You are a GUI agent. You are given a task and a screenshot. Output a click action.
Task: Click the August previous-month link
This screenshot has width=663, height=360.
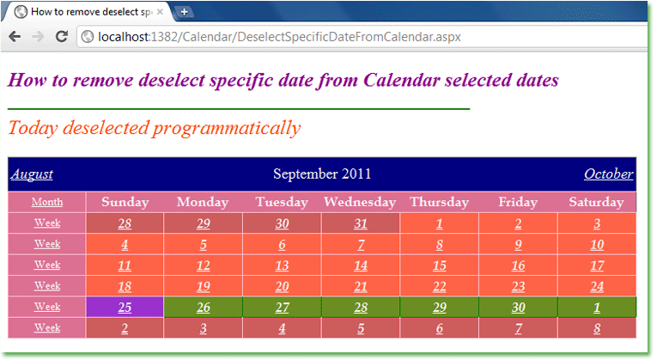tap(32, 174)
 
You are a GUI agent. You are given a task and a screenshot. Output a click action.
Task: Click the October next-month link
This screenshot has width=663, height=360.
tap(608, 174)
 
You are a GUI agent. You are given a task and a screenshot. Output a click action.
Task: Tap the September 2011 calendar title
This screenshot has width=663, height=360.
tap(322, 174)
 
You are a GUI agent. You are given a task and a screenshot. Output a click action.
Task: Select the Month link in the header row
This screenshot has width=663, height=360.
tap(47, 202)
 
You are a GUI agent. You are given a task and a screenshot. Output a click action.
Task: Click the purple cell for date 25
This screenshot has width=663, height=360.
tap(125, 307)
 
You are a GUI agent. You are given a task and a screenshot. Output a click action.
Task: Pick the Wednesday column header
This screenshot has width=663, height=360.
tap(360, 202)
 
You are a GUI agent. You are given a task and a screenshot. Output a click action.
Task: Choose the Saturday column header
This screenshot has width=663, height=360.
tap(596, 202)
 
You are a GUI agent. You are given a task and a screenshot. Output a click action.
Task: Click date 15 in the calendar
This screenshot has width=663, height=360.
tap(440, 265)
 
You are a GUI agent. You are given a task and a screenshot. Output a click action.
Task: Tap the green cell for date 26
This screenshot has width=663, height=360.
tap(203, 307)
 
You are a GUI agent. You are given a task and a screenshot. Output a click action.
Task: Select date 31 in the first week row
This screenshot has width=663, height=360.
tap(360, 223)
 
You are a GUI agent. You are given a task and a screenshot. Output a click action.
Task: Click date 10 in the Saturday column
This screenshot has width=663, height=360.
tap(597, 245)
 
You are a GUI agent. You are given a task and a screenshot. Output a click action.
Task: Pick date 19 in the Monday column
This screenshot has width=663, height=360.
tap(203, 287)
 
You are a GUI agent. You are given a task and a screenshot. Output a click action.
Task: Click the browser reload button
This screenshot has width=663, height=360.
tap(62, 37)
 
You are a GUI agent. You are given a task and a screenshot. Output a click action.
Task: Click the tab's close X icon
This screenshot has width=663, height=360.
tap(160, 12)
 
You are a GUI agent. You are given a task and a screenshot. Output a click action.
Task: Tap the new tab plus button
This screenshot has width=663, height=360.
tap(185, 12)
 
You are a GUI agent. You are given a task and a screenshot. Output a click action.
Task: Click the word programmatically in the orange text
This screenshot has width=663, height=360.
tap(227, 128)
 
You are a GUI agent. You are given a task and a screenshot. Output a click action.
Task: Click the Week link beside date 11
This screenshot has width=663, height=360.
tap(47, 265)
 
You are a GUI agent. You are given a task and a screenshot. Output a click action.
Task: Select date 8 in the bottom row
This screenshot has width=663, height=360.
tap(597, 328)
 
